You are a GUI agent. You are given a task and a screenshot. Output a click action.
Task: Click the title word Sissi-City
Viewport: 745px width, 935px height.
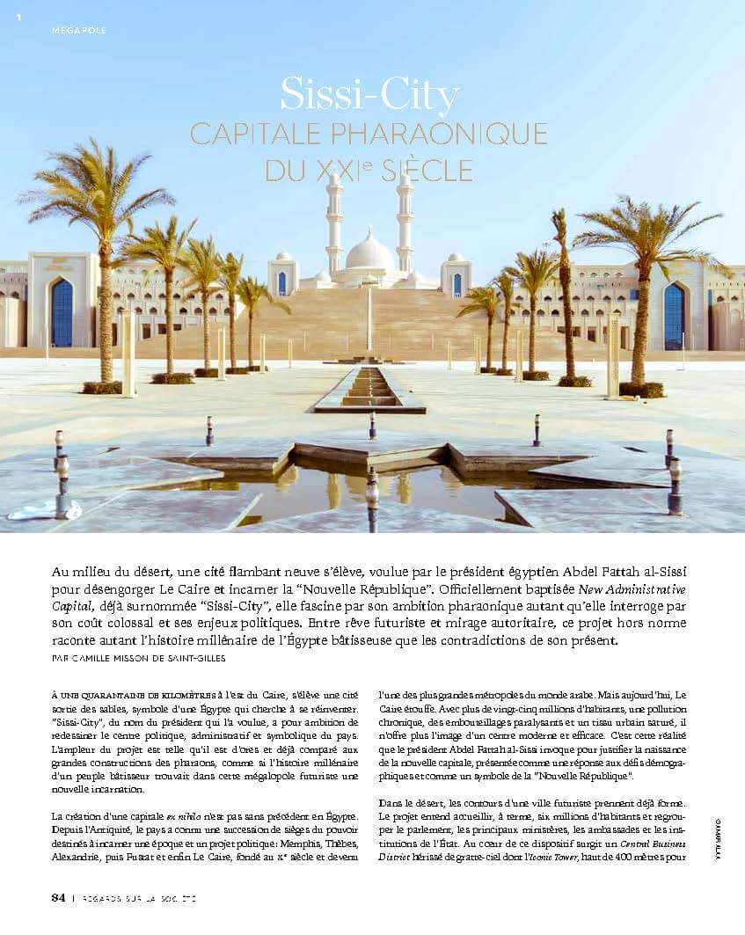coord(369,95)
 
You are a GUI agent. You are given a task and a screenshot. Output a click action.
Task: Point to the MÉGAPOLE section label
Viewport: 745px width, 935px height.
coord(79,30)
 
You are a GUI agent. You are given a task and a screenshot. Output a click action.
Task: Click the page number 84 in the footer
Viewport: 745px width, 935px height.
coord(58,897)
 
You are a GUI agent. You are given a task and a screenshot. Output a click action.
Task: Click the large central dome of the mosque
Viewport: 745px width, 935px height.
coord(369,253)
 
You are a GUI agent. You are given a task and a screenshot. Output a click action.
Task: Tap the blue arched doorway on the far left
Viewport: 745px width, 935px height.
coord(62,313)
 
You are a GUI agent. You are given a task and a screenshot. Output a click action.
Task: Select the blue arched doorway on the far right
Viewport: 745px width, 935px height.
coord(674,316)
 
